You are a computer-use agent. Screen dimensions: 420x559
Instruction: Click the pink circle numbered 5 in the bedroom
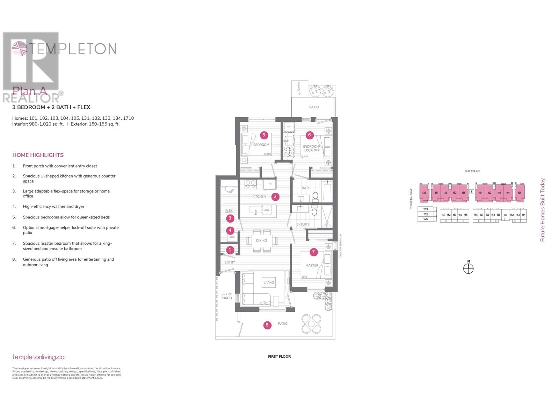[x=264, y=135]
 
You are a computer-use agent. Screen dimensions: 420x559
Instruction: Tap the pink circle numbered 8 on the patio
[x=267, y=325]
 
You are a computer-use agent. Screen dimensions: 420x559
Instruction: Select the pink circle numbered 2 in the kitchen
[x=275, y=197]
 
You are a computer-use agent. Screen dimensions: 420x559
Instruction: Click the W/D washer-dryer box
[x=232, y=237]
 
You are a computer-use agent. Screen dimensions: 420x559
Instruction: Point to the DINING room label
[x=261, y=240]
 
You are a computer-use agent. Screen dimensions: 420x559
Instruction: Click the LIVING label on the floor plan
[x=269, y=282]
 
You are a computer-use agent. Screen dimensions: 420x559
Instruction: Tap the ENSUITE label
[x=303, y=224]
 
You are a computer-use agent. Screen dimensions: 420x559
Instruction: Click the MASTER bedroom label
[x=312, y=265]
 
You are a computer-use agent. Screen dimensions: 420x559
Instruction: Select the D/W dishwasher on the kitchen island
[x=267, y=210]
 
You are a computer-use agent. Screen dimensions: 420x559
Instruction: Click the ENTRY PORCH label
[x=226, y=296]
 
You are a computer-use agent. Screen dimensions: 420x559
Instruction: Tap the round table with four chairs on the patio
[x=311, y=324]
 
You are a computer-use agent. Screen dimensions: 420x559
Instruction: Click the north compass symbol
[x=468, y=268]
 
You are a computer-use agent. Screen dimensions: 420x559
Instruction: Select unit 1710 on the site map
[x=424, y=193]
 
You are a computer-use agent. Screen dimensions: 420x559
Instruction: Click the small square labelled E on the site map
[x=472, y=191]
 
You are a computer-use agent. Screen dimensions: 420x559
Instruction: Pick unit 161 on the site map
[x=505, y=215]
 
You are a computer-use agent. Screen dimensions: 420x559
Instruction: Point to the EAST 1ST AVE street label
[x=472, y=171]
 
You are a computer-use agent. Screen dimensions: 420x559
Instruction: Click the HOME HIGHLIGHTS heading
[x=38, y=155]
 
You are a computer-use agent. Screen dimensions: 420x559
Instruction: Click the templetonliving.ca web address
[x=38, y=357]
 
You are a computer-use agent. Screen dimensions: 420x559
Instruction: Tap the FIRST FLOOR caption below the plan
[x=279, y=356]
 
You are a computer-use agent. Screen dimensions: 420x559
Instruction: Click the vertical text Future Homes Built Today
[x=543, y=210]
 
